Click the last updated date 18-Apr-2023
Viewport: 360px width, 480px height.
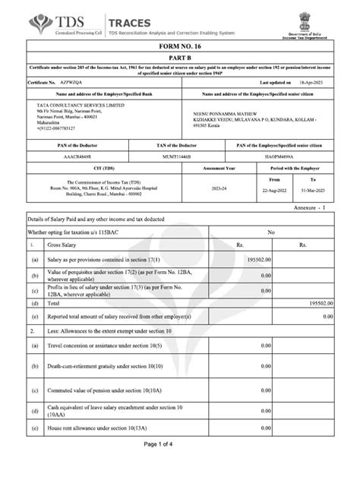[314, 81]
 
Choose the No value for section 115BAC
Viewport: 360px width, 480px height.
[270, 233]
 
